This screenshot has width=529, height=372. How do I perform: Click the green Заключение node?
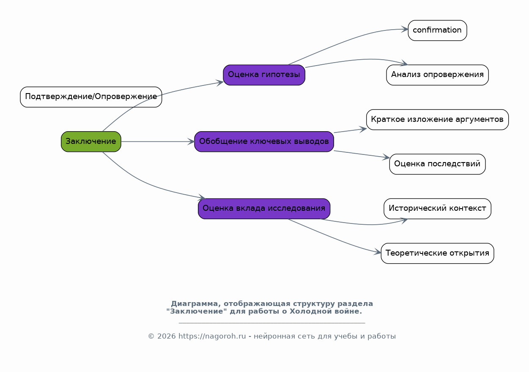pyautogui.click(x=91, y=142)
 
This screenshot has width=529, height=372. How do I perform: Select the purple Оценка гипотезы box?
pyautogui.click(x=264, y=75)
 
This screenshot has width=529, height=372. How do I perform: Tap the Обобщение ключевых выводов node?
pyautogui.click(x=264, y=142)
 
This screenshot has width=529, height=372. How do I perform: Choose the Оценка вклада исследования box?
pyautogui.click(x=264, y=209)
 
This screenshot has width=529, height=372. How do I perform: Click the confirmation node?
pyautogui.click(x=437, y=30)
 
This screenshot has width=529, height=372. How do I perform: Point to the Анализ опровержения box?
pyautogui.click(x=437, y=75)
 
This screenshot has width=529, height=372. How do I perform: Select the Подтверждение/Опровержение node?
pyautogui.click(x=91, y=97)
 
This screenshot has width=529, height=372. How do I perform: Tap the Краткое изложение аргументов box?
pyautogui.click(x=437, y=120)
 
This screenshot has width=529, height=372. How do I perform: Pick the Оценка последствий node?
pyautogui.click(x=437, y=164)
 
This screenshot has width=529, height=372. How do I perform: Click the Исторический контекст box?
pyautogui.click(x=437, y=209)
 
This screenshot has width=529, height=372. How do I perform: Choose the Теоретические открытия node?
pyautogui.click(x=437, y=254)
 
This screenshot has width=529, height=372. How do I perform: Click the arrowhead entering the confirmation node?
pyautogui.click(x=405, y=29)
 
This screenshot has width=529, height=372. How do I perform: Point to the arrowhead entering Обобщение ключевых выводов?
pyautogui.click(x=191, y=142)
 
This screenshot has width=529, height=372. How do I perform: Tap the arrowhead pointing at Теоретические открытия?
pyautogui.click(x=377, y=252)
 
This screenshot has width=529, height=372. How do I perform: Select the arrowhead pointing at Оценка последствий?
pyautogui.click(x=386, y=157)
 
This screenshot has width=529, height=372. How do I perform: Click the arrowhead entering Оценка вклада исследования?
pyautogui.click(x=202, y=197)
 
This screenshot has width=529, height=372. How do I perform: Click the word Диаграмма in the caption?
pyautogui.click(x=194, y=304)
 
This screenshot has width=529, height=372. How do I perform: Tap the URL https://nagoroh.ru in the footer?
pyautogui.click(x=212, y=336)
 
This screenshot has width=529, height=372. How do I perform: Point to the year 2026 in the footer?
pyautogui.click(x=167, y=336)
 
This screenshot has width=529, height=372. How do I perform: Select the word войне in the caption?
pyautogui.click(x=348, y=311)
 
